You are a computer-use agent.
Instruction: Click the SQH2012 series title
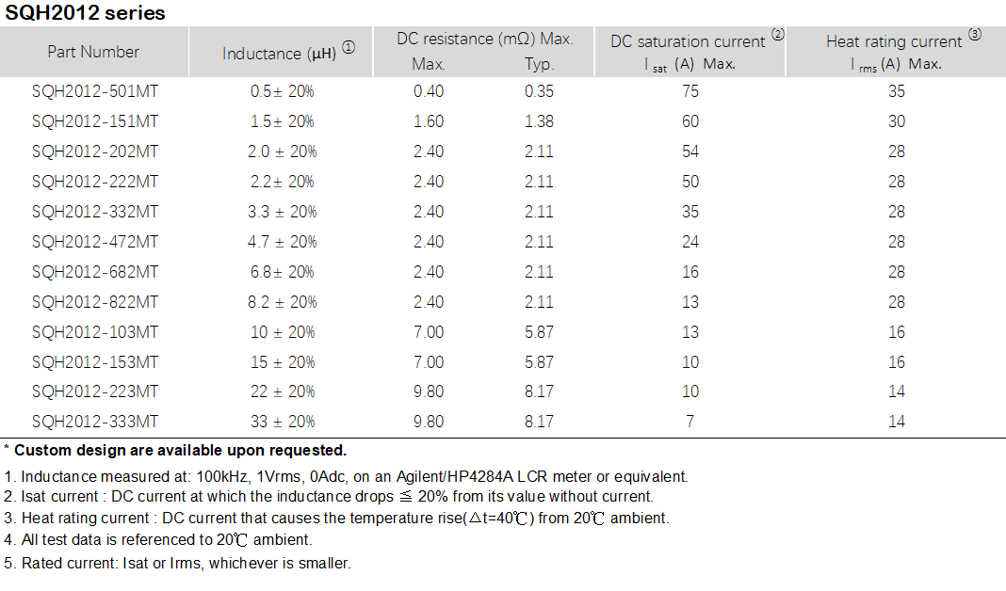[x=86, y=13]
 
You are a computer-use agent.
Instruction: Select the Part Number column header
[x=93, y=52]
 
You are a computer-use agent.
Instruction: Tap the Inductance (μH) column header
[x=281, y=54]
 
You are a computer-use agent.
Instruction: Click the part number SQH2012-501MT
[x=95, y=91]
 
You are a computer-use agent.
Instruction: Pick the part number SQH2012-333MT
[x=95, y=422]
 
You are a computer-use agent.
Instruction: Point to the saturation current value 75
[x=690, y=91]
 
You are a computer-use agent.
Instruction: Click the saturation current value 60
[x=690, y=121]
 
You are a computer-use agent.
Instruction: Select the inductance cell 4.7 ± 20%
[x=282, y=242]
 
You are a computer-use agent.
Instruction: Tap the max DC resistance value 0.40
[x=429, y=91]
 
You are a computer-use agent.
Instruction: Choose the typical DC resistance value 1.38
[x=539, y=121]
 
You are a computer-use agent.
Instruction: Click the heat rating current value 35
[x=897, y=91]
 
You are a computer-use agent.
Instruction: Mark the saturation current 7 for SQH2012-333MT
[x=690, y=422]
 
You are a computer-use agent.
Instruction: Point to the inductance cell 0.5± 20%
[x=282, y=91]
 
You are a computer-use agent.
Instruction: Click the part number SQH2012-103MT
[x=95, y=332]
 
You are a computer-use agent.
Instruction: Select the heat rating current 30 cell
[x=897, y=121]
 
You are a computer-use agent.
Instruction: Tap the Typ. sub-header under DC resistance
[x=540, y=65]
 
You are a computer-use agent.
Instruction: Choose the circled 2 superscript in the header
[x=777, y=35]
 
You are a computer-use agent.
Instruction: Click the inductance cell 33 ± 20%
[x=282, y=422]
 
